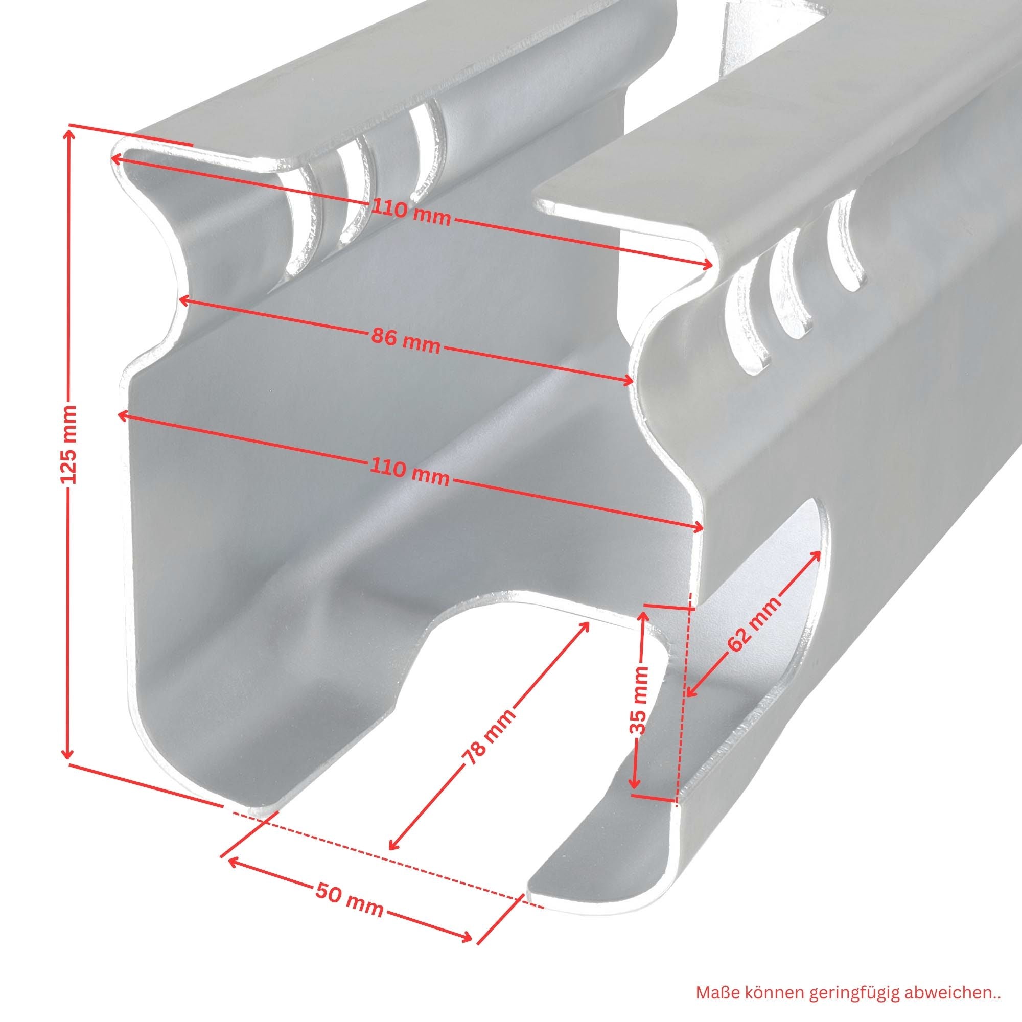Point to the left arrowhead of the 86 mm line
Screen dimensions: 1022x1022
tap(184, 300)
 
